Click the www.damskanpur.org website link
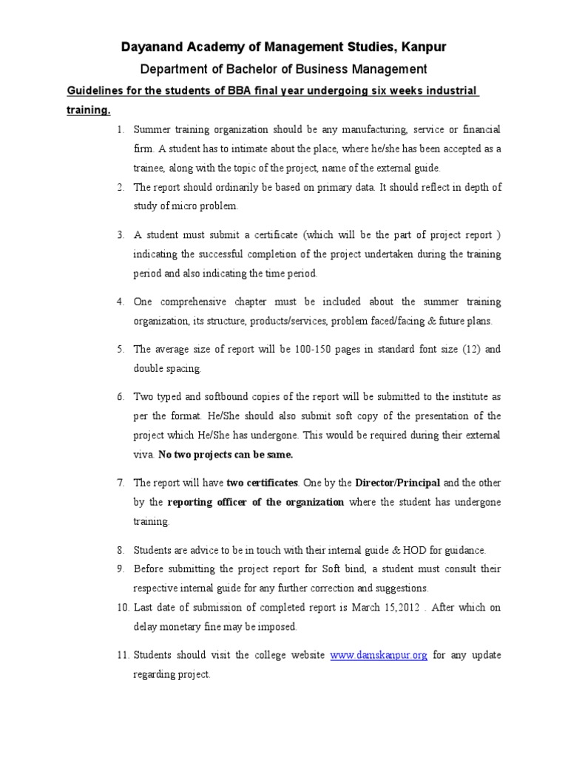(379, 655)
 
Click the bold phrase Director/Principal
(398, 483)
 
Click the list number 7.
(120, 483)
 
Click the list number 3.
(120, 235)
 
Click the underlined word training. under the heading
(89, 110)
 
